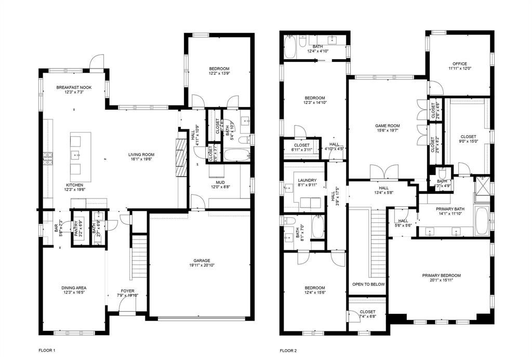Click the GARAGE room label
click(x=199, y=261)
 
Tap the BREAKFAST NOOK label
click(x=74, y=87)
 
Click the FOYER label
click(x=127, y=291)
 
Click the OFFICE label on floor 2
click(x=460, y=64)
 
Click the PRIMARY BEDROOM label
click(x=442, y=275)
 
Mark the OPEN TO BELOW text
click(x=368, y=285)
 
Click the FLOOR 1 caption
click(x=47, y=351)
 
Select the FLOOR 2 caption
click(x=288, y=351)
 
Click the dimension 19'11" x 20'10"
click(x=199, y=266)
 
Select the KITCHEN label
click(x=74, y=185)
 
